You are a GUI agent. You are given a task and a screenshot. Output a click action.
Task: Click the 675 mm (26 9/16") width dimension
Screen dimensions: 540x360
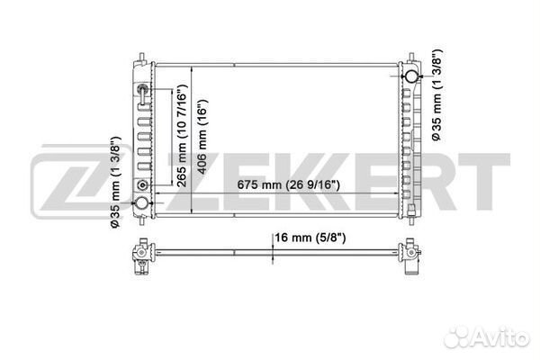288,185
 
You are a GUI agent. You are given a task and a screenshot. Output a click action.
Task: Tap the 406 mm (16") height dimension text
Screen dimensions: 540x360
202,137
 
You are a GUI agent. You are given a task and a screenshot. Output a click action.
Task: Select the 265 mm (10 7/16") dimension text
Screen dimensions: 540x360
181,135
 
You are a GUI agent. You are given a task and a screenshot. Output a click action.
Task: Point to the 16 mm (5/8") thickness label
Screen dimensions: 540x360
310,238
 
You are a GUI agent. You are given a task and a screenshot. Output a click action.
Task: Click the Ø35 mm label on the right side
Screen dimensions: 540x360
436,94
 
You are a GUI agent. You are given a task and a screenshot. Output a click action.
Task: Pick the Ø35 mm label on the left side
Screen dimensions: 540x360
115,182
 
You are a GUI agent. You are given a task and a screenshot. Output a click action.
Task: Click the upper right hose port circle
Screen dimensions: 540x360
411,76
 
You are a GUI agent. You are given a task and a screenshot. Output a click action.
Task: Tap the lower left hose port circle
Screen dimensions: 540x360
141,202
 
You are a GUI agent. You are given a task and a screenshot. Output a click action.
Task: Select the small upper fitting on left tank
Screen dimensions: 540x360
142,89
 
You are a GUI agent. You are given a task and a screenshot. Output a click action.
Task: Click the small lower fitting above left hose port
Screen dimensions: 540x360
142,185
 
